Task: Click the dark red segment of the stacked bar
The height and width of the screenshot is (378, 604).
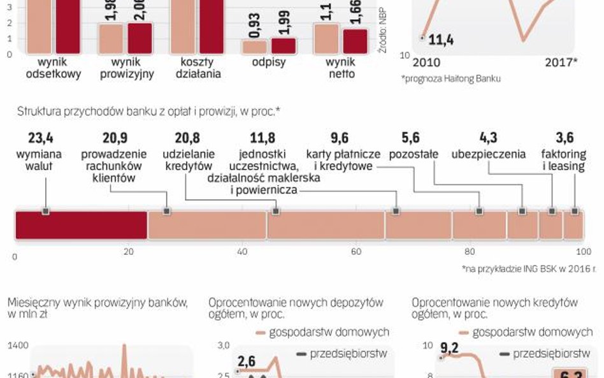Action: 81,226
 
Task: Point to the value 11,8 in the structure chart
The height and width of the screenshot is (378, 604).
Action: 262,138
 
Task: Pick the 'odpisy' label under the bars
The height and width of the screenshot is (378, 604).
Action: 263,62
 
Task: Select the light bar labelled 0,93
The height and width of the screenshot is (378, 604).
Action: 255,47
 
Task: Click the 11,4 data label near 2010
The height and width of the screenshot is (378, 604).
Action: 441,41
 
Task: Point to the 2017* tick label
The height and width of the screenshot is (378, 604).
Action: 561,62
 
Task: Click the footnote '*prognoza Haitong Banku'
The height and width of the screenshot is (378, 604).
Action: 450,78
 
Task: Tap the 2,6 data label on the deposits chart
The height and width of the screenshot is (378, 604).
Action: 248,361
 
